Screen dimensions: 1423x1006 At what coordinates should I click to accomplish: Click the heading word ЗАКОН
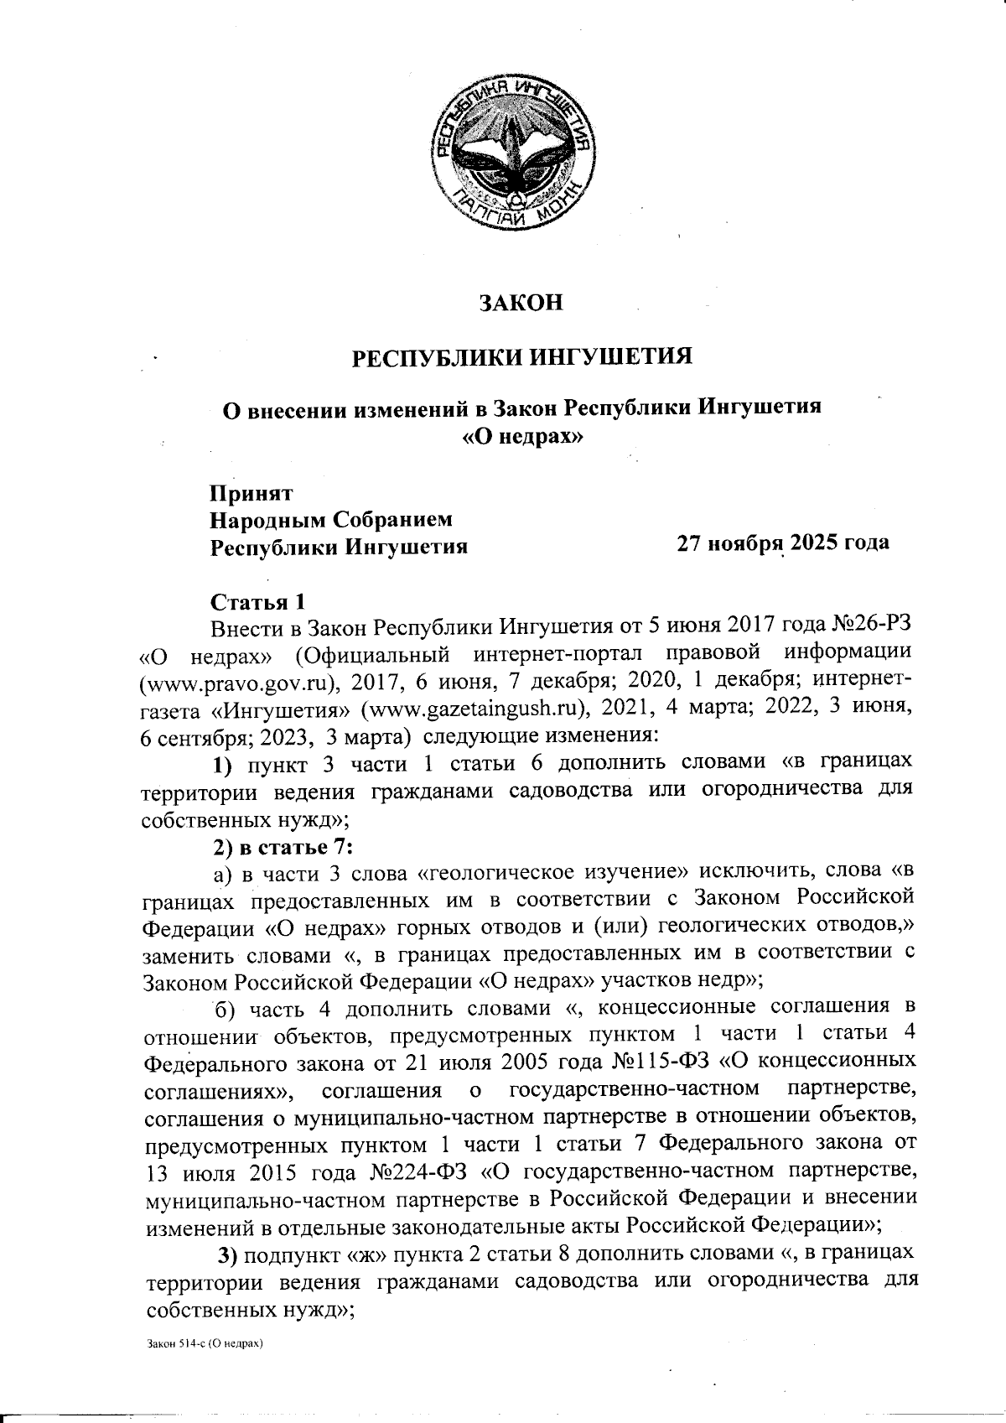[x=520, y=303]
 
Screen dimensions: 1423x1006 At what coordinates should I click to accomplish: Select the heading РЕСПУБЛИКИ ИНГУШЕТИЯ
[x=521, y=357]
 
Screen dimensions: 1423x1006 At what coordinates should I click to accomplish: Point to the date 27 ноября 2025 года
[x=783, y=543]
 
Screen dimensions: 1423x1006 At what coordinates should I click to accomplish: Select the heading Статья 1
[x=257, y=602]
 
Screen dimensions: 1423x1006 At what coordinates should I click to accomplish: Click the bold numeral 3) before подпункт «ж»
[x=229, y=1254]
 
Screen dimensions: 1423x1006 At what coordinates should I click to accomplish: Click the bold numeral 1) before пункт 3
[x=221, y=764]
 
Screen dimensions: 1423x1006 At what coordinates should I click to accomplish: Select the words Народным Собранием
[x=331, y=520]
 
